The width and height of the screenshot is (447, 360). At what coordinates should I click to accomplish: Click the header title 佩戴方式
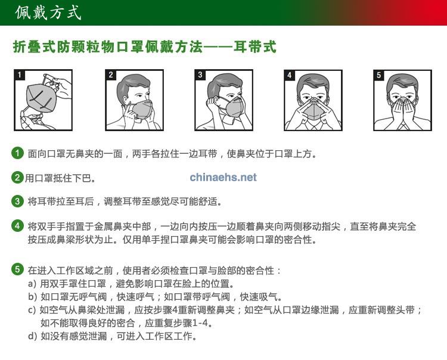(48, 13)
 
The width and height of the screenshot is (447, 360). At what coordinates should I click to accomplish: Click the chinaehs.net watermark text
(223, 177)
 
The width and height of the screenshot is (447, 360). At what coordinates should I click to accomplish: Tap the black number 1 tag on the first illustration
(20, 75)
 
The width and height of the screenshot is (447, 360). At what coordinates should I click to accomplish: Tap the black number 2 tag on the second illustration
(111, 75)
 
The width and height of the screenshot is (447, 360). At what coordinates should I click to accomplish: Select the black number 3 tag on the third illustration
(200, 75)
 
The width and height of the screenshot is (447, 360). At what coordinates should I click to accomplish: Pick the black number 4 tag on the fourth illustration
(290, 75)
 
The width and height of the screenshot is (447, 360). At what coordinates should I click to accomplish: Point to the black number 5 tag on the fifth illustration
(379, 75)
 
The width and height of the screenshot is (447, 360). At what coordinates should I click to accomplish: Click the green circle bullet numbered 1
(17, 153)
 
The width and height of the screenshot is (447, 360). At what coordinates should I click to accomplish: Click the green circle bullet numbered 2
(17, 177)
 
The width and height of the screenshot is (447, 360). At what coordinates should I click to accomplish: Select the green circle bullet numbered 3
(17, 201)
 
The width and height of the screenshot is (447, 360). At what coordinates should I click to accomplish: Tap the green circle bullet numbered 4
(17, 226)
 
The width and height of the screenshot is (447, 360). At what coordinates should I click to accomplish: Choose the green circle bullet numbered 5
(17, 269)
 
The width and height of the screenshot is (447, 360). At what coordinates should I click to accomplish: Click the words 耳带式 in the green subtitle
(254, 46)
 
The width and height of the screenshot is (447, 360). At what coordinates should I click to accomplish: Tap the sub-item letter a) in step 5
(32, 284)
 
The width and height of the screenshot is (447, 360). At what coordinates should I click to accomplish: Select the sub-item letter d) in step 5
(32, 336)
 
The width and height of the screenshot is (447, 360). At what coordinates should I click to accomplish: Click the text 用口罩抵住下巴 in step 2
(58, 178)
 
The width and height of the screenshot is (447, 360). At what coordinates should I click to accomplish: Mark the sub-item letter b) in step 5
(32, 297)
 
